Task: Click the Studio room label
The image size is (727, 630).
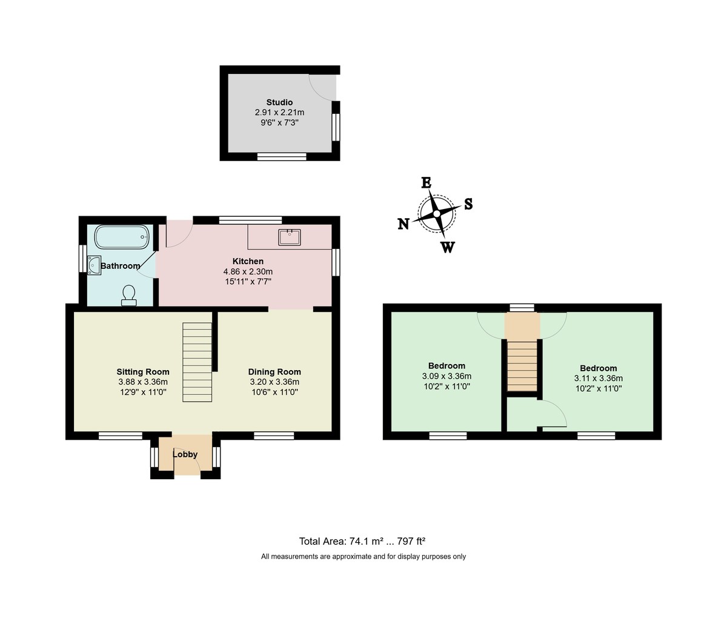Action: click(279, 102)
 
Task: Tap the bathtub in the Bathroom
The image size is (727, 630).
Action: click(121, 237)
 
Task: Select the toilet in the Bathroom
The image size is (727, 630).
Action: click(128, 295)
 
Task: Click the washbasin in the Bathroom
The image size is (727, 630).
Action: click(94, 265)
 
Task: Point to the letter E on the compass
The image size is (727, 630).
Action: click(426, 183)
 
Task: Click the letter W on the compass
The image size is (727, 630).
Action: click(447, 247)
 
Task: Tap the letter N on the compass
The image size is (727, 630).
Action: click(403, 224)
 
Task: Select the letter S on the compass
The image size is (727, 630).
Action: click(468, 204)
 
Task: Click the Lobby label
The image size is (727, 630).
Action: click(185, 454)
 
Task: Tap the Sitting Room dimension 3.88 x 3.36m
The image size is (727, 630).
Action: click(143, 382)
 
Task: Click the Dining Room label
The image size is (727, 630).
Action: click(274, 372)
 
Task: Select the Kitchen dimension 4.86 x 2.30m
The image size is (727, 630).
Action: click(248, 271)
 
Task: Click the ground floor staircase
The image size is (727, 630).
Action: click(198, 362)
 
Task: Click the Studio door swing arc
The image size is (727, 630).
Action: click(323, 87)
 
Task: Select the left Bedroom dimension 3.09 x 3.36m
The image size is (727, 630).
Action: click(446, 376)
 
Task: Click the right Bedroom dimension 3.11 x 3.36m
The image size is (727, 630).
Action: click(598, 378)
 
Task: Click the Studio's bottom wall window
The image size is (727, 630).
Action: click(282, 156)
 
